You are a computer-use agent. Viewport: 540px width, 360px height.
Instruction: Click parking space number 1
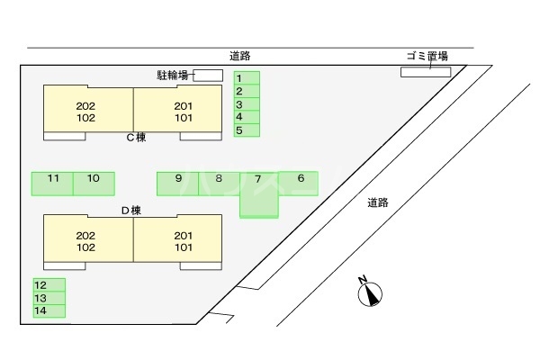point(247,78)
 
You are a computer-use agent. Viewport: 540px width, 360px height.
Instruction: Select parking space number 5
point(247,130)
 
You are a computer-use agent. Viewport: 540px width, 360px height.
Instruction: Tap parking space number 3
point(247,104)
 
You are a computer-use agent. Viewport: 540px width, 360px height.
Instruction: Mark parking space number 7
point(259,193)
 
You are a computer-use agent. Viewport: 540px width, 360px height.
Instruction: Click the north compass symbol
point(370,292)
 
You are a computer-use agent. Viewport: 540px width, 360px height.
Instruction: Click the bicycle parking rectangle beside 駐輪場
point(207,75)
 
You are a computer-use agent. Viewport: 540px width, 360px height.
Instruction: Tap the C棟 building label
point(136,138)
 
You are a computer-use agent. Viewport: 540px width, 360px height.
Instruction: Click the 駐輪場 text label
point(171,75)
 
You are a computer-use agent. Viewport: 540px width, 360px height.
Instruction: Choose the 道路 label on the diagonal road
point(378,202)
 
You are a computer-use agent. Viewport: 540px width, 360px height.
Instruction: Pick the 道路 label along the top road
point(240,56)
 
